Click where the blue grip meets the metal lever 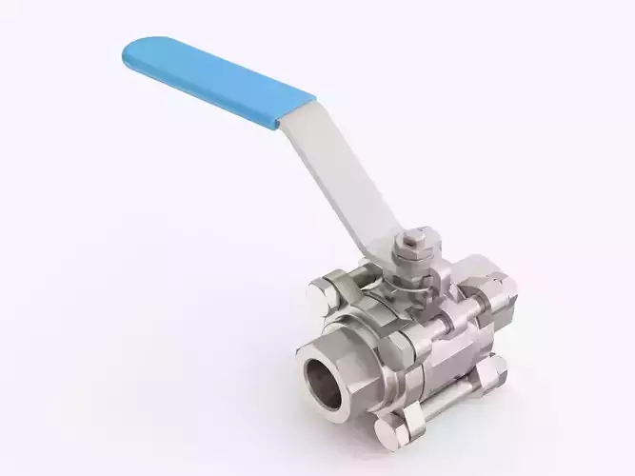[295, 114]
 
